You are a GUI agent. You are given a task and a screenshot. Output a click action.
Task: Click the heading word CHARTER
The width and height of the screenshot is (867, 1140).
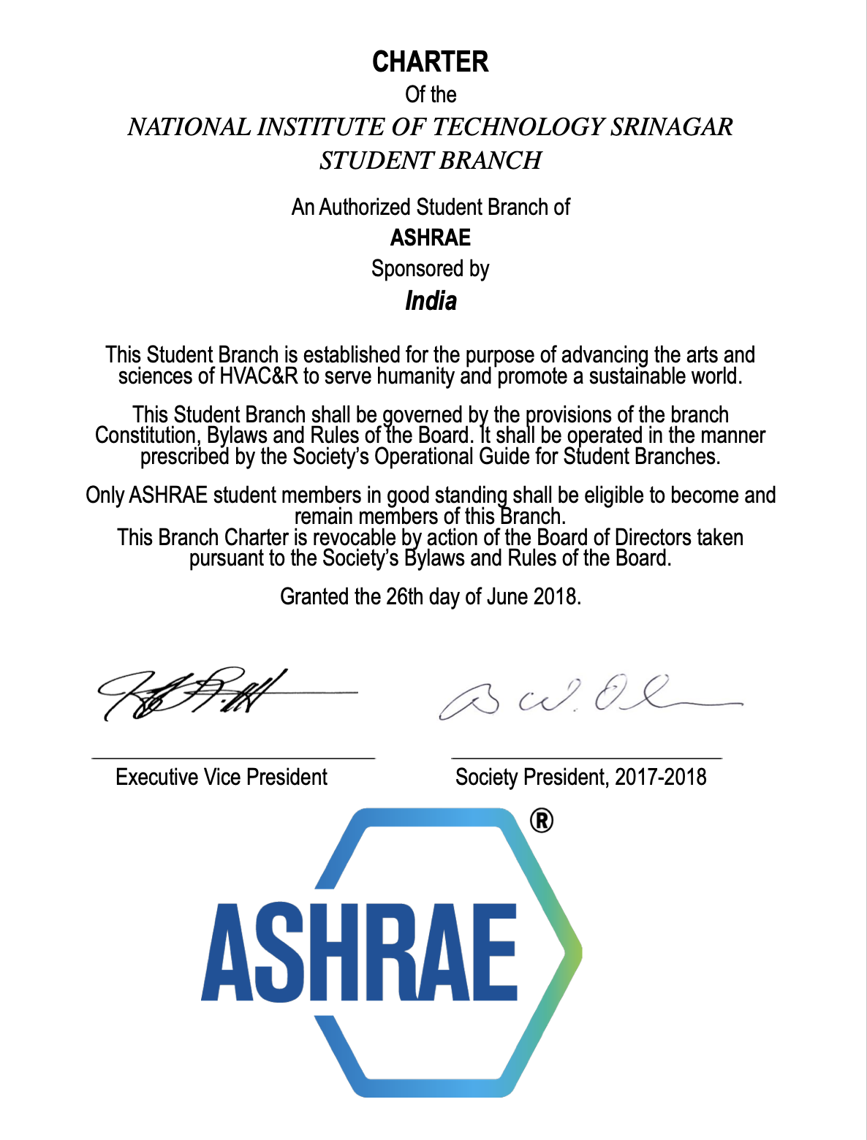tap(430, 62)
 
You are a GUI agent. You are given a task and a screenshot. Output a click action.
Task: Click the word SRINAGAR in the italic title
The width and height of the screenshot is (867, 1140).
tap(671, 127)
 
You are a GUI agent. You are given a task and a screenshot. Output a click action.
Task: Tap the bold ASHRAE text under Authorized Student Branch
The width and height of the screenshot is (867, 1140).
tap(430, 238)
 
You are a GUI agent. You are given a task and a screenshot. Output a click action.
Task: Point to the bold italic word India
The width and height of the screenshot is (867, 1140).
tap(431, 301)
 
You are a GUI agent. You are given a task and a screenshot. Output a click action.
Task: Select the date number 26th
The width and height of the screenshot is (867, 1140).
tap(404, 597)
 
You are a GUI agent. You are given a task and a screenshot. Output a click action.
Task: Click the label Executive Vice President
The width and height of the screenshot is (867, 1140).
tap(222, 777)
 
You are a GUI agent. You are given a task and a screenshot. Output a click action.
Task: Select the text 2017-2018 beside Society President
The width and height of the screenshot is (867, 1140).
tap(660, 777)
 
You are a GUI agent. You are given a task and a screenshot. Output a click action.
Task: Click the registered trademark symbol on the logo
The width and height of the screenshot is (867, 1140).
tap(541, 821)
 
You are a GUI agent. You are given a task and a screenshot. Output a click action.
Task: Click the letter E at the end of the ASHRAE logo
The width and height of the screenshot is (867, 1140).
tap(494, 952)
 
